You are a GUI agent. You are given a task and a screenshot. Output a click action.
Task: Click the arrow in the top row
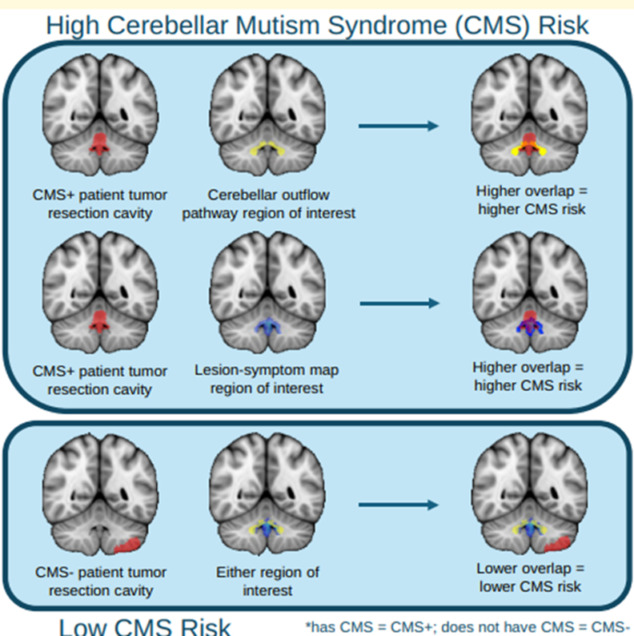point(398,126)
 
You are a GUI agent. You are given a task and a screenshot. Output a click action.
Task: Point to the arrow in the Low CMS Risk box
point(398,505)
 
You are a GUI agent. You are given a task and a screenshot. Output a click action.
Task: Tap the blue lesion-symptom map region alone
point(267,326)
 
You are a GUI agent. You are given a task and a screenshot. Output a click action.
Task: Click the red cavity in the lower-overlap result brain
point(558,544)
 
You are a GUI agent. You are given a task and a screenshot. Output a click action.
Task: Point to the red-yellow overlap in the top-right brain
point(529,147)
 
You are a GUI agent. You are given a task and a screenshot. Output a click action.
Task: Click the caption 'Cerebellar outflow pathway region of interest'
point(268,204)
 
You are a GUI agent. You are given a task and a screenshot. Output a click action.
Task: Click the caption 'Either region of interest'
point(268,582)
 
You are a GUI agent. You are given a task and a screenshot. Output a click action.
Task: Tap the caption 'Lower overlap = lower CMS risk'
point(531,578)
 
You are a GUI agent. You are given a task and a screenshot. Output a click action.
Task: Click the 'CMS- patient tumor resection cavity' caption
point(100,582)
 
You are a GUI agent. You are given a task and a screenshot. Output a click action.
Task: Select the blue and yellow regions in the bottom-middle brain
point(268,528)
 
